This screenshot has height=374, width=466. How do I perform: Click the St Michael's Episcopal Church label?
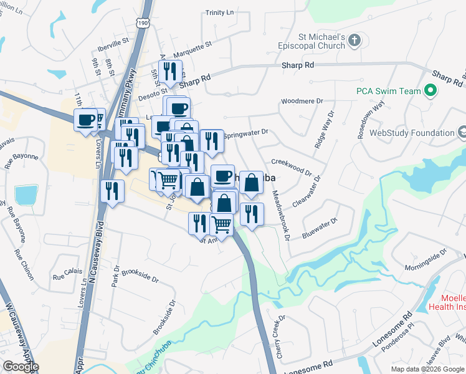(316, 41)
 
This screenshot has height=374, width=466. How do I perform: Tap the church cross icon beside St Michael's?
(354, 41)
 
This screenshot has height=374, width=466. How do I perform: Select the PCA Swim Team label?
(389, 91)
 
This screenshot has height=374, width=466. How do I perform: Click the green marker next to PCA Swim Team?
(430, 91)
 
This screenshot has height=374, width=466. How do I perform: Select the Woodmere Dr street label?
(303, 100)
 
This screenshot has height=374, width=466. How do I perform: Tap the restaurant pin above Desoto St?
(170, 72)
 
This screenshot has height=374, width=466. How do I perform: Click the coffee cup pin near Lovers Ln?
(85, 118)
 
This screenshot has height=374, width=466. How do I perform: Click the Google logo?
(21, 367)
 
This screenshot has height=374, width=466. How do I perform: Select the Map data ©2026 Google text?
(427, 369)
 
